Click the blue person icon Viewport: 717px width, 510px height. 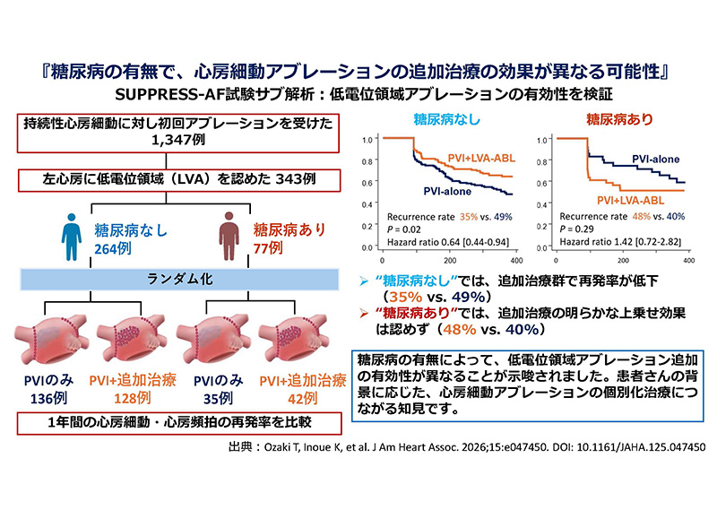(x=72, y=237)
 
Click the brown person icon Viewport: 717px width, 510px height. (x=229, y=236)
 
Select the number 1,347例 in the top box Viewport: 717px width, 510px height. (x=178, y=140)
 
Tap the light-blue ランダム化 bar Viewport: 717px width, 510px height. (x=180, y=279)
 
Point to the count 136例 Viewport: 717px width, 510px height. (x=49, y=398)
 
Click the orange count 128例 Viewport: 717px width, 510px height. (x=132, y=398)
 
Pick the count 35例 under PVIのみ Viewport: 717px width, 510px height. (x=218, y=398)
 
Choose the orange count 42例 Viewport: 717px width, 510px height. (x=302, y=398)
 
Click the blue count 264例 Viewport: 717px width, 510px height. (x=113, y=248)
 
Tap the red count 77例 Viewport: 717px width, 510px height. (x=268, y=248)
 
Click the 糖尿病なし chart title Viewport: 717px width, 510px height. (x=446, y=120)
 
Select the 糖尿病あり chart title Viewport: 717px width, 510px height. (x=619, y=120)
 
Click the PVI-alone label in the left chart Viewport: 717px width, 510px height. (x=447, y=191)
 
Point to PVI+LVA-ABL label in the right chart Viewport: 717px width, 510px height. (x=631, y=201)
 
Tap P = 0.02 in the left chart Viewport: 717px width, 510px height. (x=404, y=229)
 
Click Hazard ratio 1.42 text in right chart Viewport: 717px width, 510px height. (x=620, y=241)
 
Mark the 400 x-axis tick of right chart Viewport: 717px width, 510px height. (x=688, y=260)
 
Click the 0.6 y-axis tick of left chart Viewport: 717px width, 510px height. (x=367, y=183)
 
